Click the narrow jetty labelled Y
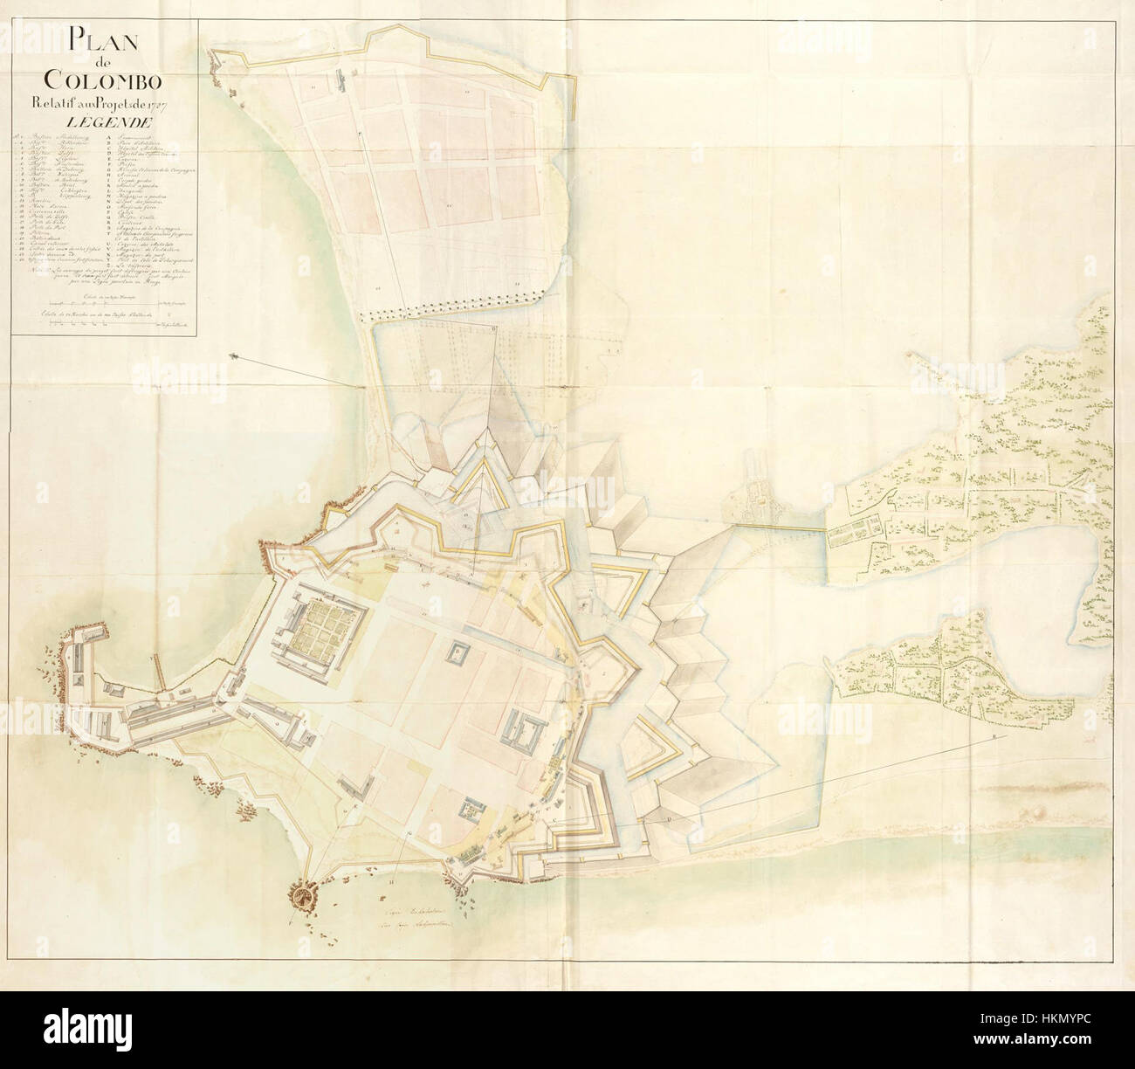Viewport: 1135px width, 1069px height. click(x=159, y=671)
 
